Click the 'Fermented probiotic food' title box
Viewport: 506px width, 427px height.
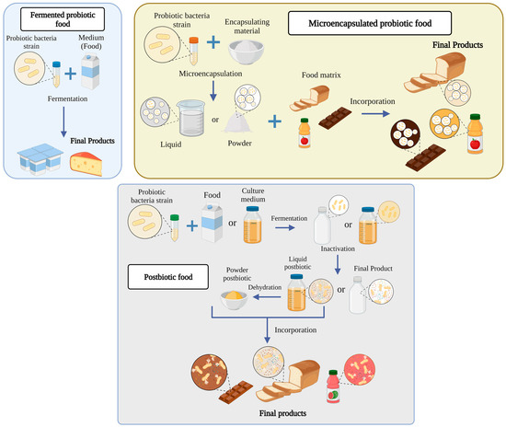pos(60,20)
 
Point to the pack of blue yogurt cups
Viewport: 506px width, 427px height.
pos(41,160)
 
